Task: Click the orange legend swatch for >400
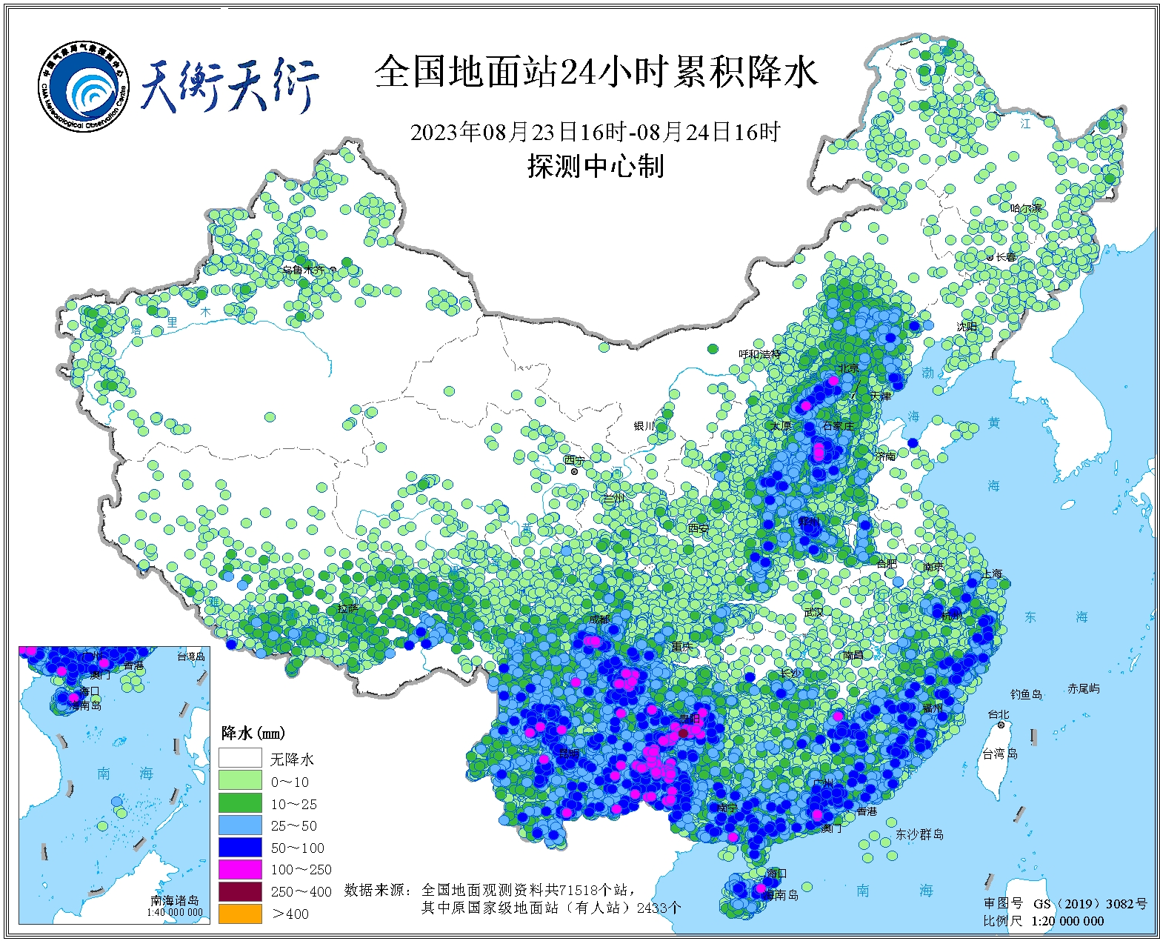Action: pyautogui.click(x=240, y=914)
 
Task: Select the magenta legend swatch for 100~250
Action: pyautogui.click(x=240, y=869)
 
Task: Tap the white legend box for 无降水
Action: pyautogui.click(x=240, y=758)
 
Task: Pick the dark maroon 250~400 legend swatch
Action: pyautogui.click(x=240, y=891)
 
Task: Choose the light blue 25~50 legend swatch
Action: pyautogui.click(x=240, y=825)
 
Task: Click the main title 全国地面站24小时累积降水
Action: pyautogui.click(x=596, y=72)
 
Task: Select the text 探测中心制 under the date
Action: pyautogui.click(x=596, y=166)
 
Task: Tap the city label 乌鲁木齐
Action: pyautogui.click(x=304, y=270)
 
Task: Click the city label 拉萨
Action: pyautogui.click(x=348, y=608)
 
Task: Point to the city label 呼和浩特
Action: pyautogui.click(x=759, y=354)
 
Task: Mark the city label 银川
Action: pyautogui.click(x=644, y=426)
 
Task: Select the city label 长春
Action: pyautogui.click(x=1006, y=257)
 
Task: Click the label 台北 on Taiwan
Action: pyautogui.click(x=998, y=714)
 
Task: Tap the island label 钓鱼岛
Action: pyautogui.click(x=1026, y=694)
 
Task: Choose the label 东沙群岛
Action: pyautogui.click(x=919, y=834)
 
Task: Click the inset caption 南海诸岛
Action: pyautogui.click(x=175, y=900)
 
